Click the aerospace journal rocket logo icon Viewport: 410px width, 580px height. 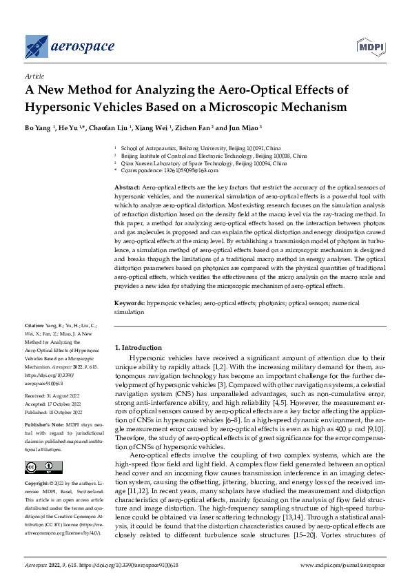point(37,46)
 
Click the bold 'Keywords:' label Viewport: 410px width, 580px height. point(129,302)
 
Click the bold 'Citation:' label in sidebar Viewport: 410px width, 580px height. point(34,323)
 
